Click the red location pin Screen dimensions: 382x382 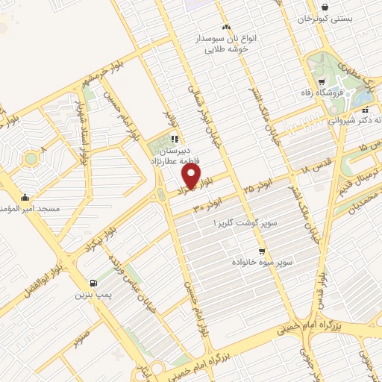pos(192,176)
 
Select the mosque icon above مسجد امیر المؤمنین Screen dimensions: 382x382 pos(26,198)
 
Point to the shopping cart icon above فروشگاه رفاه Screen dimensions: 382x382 pos(321,82)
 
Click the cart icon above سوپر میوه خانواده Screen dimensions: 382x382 pos(262,251)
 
